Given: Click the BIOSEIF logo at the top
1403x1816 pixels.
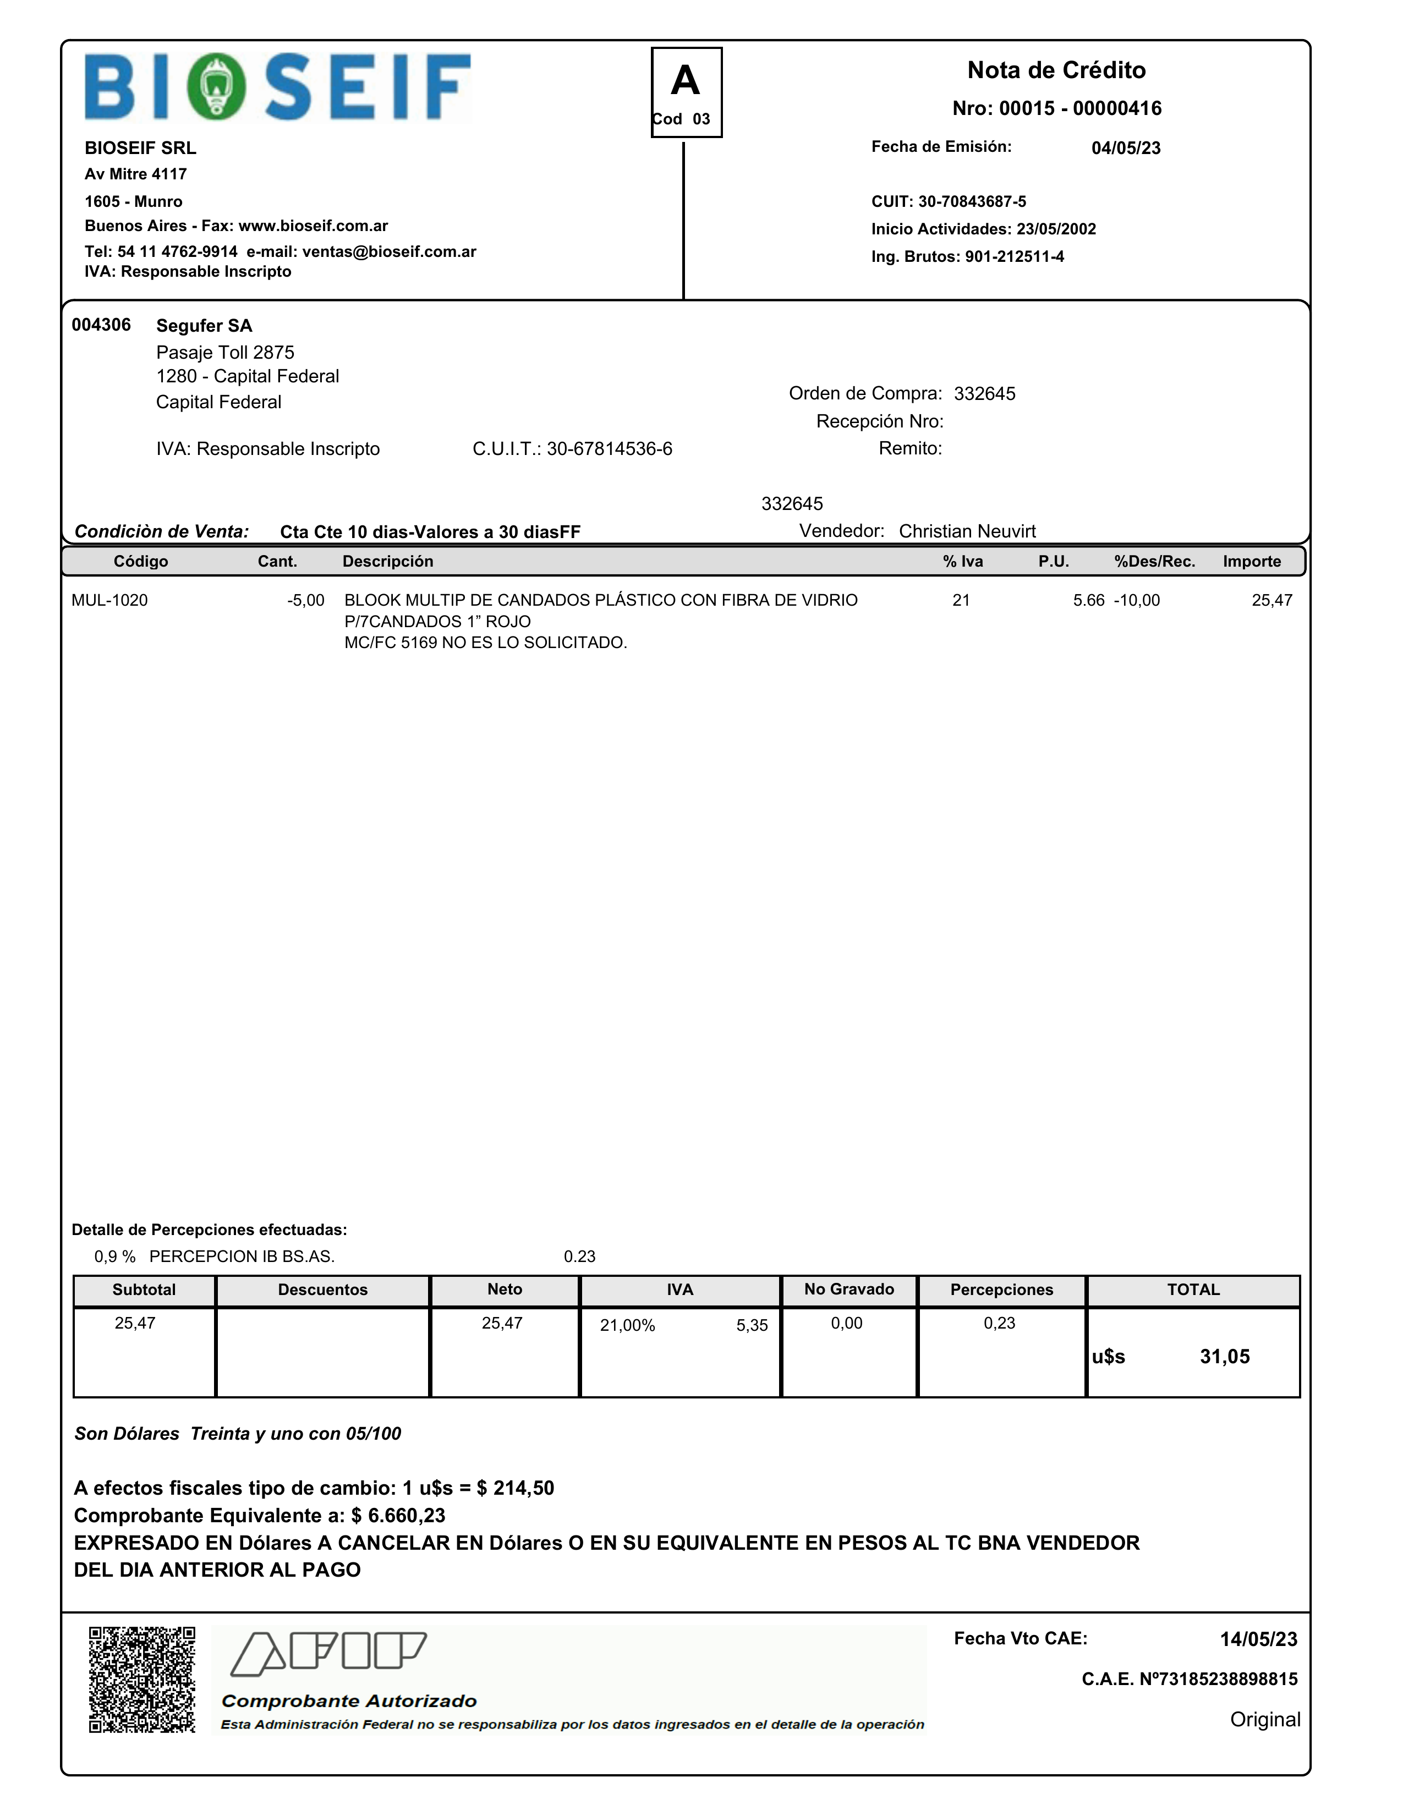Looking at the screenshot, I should point(278,87).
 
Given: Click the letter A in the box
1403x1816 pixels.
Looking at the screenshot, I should point(686,81).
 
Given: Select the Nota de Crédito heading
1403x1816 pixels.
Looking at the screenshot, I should point(1056,70).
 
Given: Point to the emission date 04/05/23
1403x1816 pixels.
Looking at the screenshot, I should point(1126,148).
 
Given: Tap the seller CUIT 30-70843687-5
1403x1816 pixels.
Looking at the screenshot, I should point(972,202).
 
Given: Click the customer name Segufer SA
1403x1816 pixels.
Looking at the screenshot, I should point(204,326).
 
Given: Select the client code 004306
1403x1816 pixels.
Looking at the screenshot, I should point(101,325).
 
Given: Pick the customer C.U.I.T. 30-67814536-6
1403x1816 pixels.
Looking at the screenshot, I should point(609,449).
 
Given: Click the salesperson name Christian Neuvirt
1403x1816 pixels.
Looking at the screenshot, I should point(967,531).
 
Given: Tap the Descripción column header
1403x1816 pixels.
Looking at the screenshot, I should point(387,561).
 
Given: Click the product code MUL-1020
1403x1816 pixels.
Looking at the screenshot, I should point(110,600).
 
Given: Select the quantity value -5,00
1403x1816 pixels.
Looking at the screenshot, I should point(305,600).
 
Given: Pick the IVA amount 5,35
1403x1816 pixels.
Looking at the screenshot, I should point(752,1325).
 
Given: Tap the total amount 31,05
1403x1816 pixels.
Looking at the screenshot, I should point(1224,1357).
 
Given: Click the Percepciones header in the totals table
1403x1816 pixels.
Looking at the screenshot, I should point(1001,1290).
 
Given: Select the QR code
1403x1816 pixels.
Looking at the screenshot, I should point(142,1680).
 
